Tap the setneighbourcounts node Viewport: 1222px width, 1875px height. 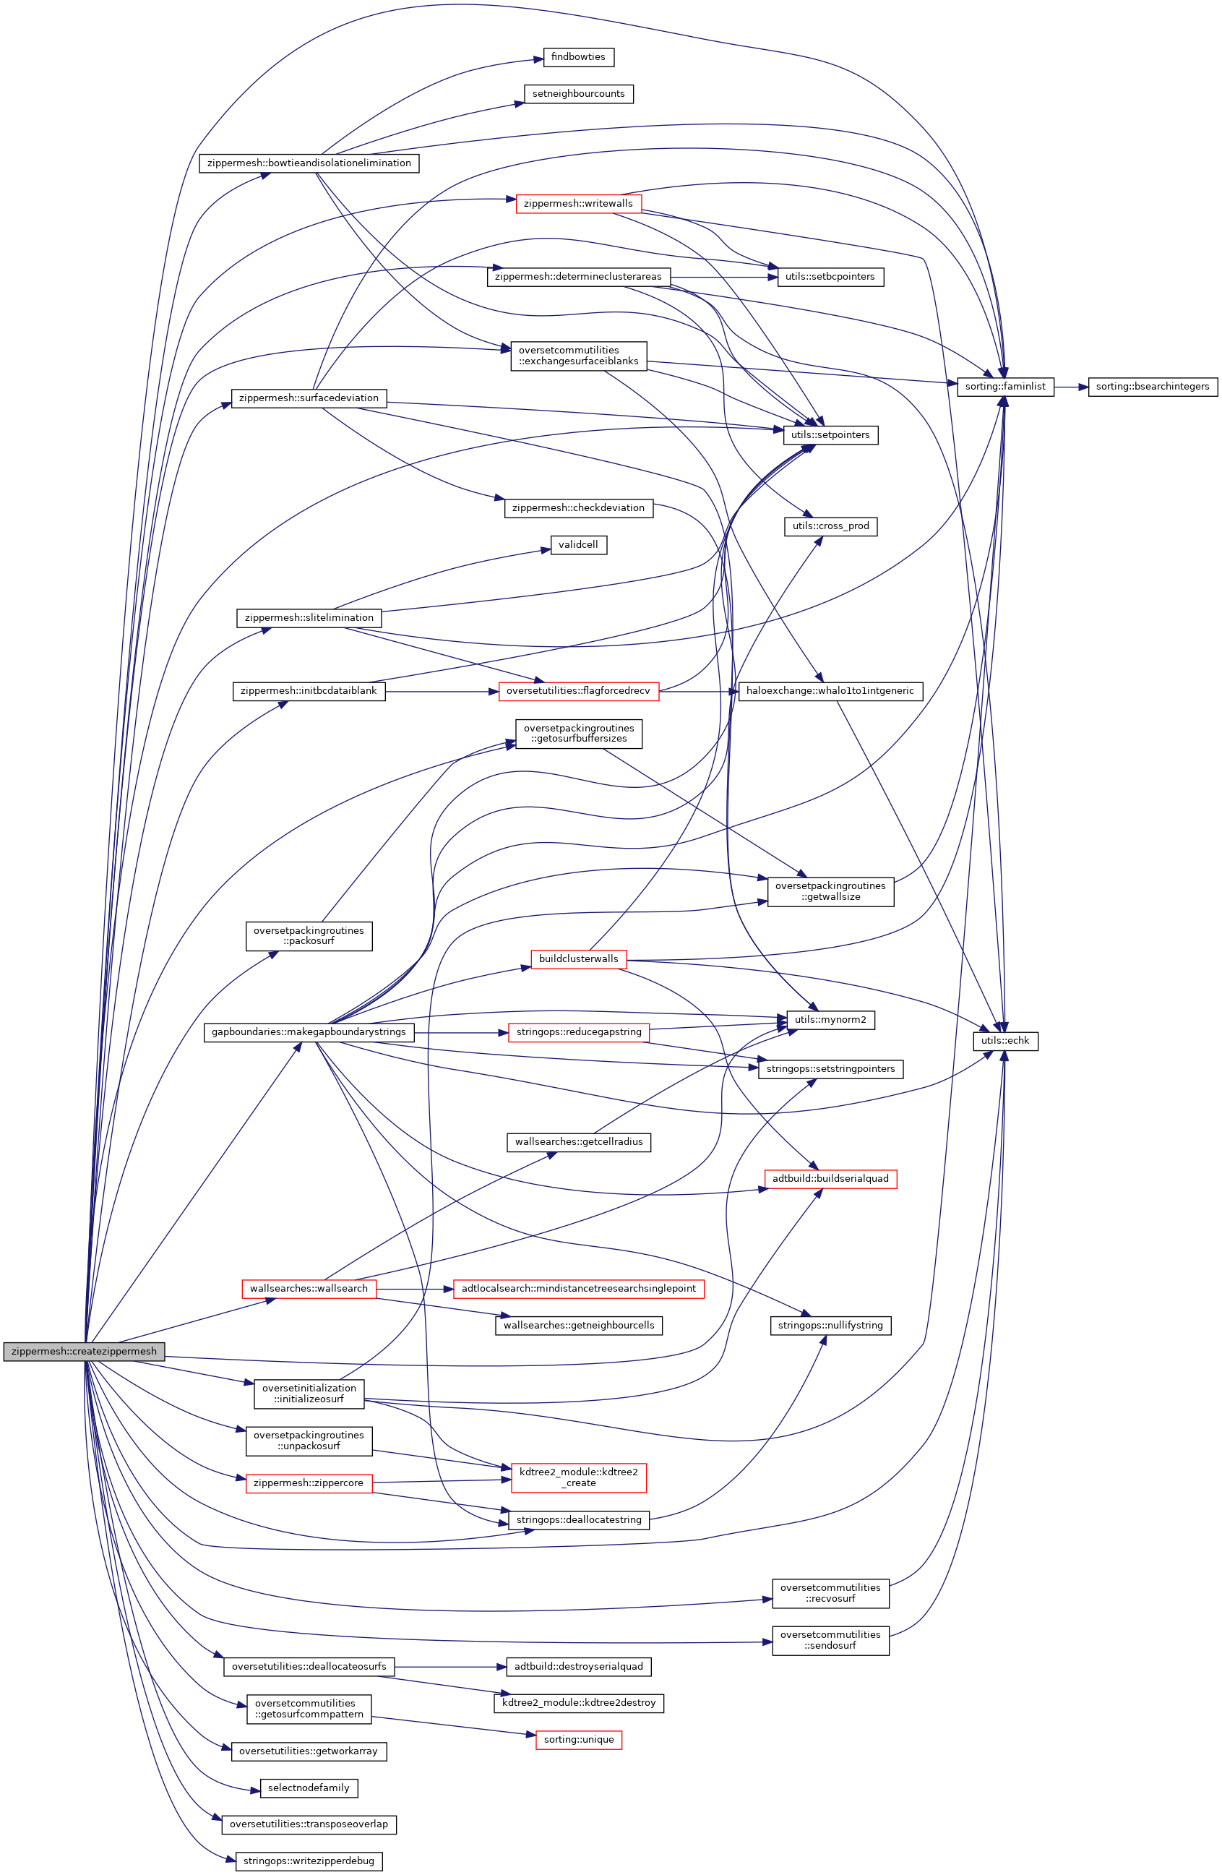pyautogui.click(x=577, y=94)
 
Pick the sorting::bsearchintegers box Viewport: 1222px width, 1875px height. pyautogui.click(x=1152, y=387)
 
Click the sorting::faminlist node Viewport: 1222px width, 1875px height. pyautogui.click(x=1004, y=387)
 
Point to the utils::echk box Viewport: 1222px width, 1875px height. pyautogui.click(x=1004, y=1041)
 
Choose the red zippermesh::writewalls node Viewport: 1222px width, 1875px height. pyautogui.click(x=577, y=204)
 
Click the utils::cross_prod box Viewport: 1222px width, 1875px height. pyautogui.click(x=830, y=526)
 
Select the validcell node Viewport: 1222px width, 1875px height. pyautogui.click(x=578, y=545)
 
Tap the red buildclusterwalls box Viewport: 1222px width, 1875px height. pyautogui.click(x=578, y=958)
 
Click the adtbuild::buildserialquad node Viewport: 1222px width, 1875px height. pyautogui.click(x=830, y=1179)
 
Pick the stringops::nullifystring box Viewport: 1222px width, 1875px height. pyautogui.click(x=830, y=1325)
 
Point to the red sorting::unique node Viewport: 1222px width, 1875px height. pyautogui.click(x=578, y=1740)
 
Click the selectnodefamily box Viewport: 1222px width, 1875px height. pyautogui.click(x=308, y=1788)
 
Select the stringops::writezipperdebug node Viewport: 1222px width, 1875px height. pyautogui.click(x=309, y=1861)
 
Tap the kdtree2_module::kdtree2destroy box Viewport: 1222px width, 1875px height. pyautogui.click(x=578, y=1702)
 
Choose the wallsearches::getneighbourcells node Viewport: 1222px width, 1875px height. pyautogui.click(x=578, y=1325)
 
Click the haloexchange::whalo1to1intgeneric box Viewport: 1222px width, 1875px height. pyautogui.click(x=830, y=691)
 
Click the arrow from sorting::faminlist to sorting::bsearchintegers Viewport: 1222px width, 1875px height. pyautogui.click(x=1071, y=387)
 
